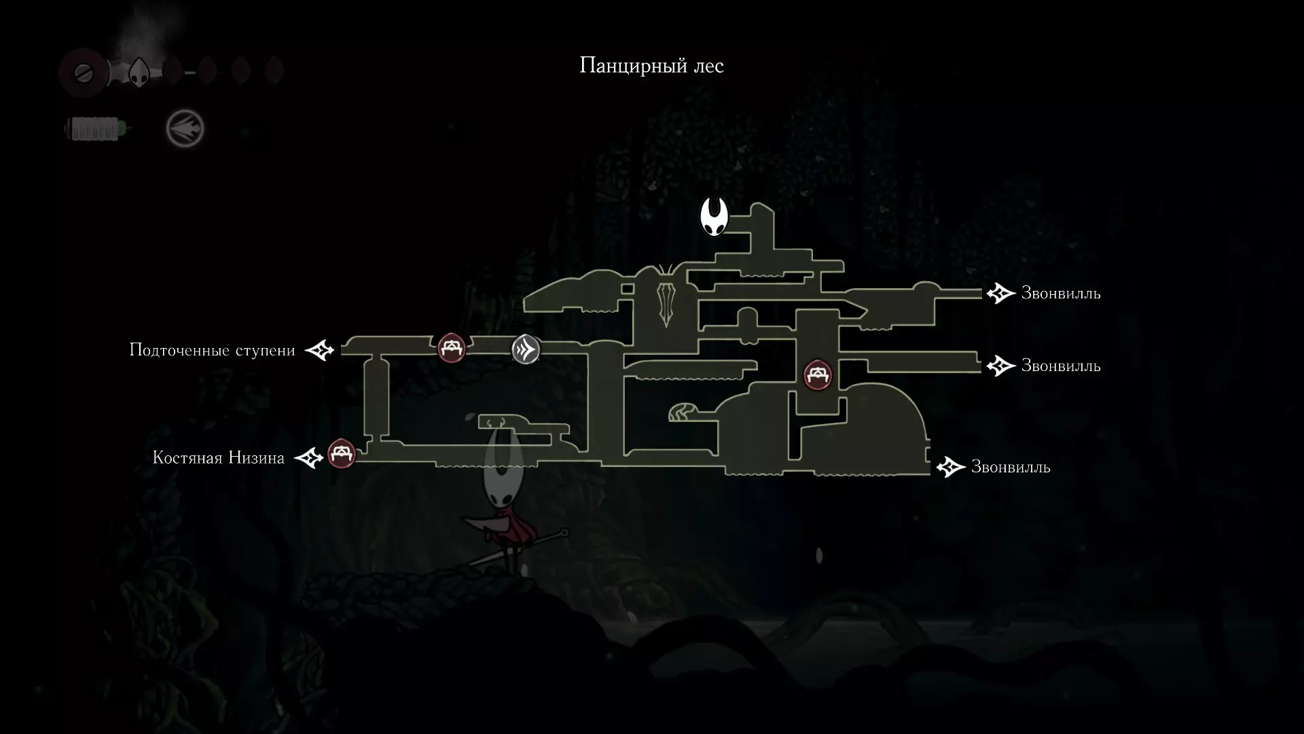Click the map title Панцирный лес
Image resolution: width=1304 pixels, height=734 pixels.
tap(651, 66)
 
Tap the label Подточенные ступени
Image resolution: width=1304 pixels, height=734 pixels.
tap(213, 350)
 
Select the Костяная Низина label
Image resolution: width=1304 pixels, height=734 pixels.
tap(219, 457)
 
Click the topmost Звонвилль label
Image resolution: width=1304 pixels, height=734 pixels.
tap(1061, 293)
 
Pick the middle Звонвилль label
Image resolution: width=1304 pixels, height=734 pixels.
tap(1061, 366)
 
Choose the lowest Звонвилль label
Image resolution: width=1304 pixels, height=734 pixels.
tap(1011, 467)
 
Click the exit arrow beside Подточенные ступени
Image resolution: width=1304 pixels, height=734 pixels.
tap(319, 351)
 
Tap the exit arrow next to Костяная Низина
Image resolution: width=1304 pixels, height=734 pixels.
tap(309, 457)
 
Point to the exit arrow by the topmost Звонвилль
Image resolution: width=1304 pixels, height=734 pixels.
tap(1001, 294)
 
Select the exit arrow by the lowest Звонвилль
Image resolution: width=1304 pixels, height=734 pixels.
tap(951, 467)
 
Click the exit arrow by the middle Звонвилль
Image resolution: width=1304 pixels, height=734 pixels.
tap(1001, 366)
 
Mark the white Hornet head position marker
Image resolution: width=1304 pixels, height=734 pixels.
tap(714, 217)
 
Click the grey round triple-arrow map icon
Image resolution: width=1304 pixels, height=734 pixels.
tap(526, 349)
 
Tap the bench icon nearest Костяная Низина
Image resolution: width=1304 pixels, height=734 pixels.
tap(342, 453)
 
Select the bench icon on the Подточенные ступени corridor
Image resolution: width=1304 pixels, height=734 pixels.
tap(451, 348)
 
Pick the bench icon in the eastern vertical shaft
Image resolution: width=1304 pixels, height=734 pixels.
tap(818, 374)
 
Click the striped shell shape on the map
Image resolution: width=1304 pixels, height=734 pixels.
tap(682, 413)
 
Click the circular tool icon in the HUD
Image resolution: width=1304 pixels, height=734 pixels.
tap(185, 128)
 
